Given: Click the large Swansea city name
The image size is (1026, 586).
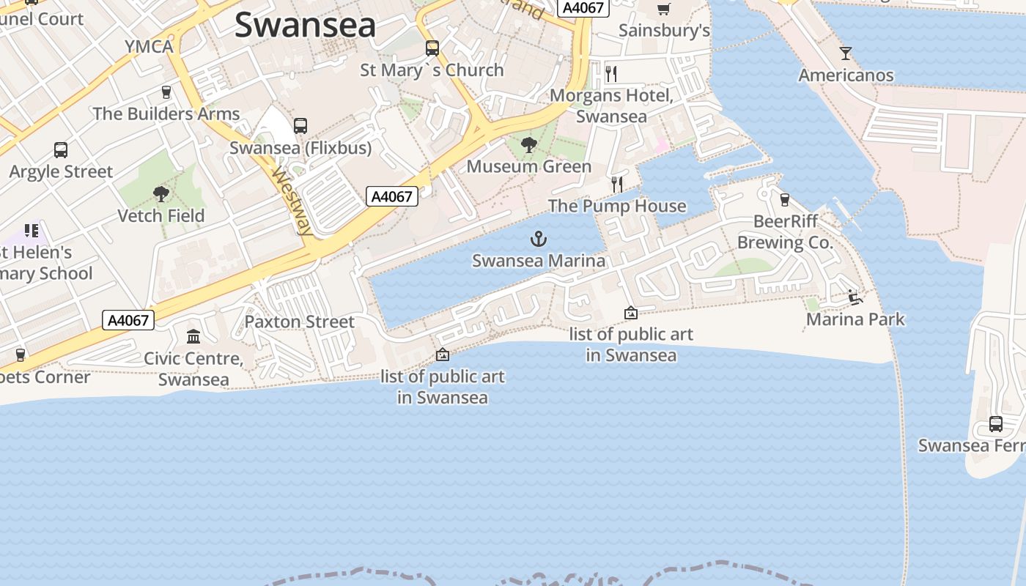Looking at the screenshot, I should [x=305, y=26].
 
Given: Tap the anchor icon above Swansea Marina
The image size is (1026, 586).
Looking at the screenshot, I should [x=539, y=238].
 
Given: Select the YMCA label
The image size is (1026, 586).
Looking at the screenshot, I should [x=149, y=47].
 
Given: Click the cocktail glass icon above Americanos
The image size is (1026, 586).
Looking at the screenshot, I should [x=846, y=53].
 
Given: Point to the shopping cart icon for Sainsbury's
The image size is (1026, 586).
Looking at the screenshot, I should [x=664, y=9].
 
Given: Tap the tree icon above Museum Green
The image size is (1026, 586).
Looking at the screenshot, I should [x=528, y=145].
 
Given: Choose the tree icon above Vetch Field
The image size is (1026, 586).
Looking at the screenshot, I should [x=161, y=194].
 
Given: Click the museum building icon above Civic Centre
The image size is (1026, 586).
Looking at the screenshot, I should [x=193, y=336].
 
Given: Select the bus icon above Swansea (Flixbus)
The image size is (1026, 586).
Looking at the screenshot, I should [x=300, y=126].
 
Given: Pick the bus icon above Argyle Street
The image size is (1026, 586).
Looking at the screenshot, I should [x=61, y=150].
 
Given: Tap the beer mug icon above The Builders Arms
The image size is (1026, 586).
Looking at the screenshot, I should [x=166, y=92].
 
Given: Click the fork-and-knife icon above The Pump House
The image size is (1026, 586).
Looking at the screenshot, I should [x=617, y=184].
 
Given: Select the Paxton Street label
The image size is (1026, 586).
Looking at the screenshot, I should [x=299, y=322].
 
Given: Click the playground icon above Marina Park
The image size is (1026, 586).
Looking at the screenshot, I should [x=855, y=297].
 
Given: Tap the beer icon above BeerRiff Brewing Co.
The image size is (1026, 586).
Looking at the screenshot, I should [x=785, y=200].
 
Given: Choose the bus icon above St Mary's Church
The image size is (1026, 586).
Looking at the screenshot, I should [x=432, y=48].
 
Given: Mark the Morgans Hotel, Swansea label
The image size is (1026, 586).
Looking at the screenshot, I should [x=611, y=106].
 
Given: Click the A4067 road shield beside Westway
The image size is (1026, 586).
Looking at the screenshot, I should [x=392, y=196].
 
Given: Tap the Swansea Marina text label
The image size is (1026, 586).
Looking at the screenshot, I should [x=539, y=261].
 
